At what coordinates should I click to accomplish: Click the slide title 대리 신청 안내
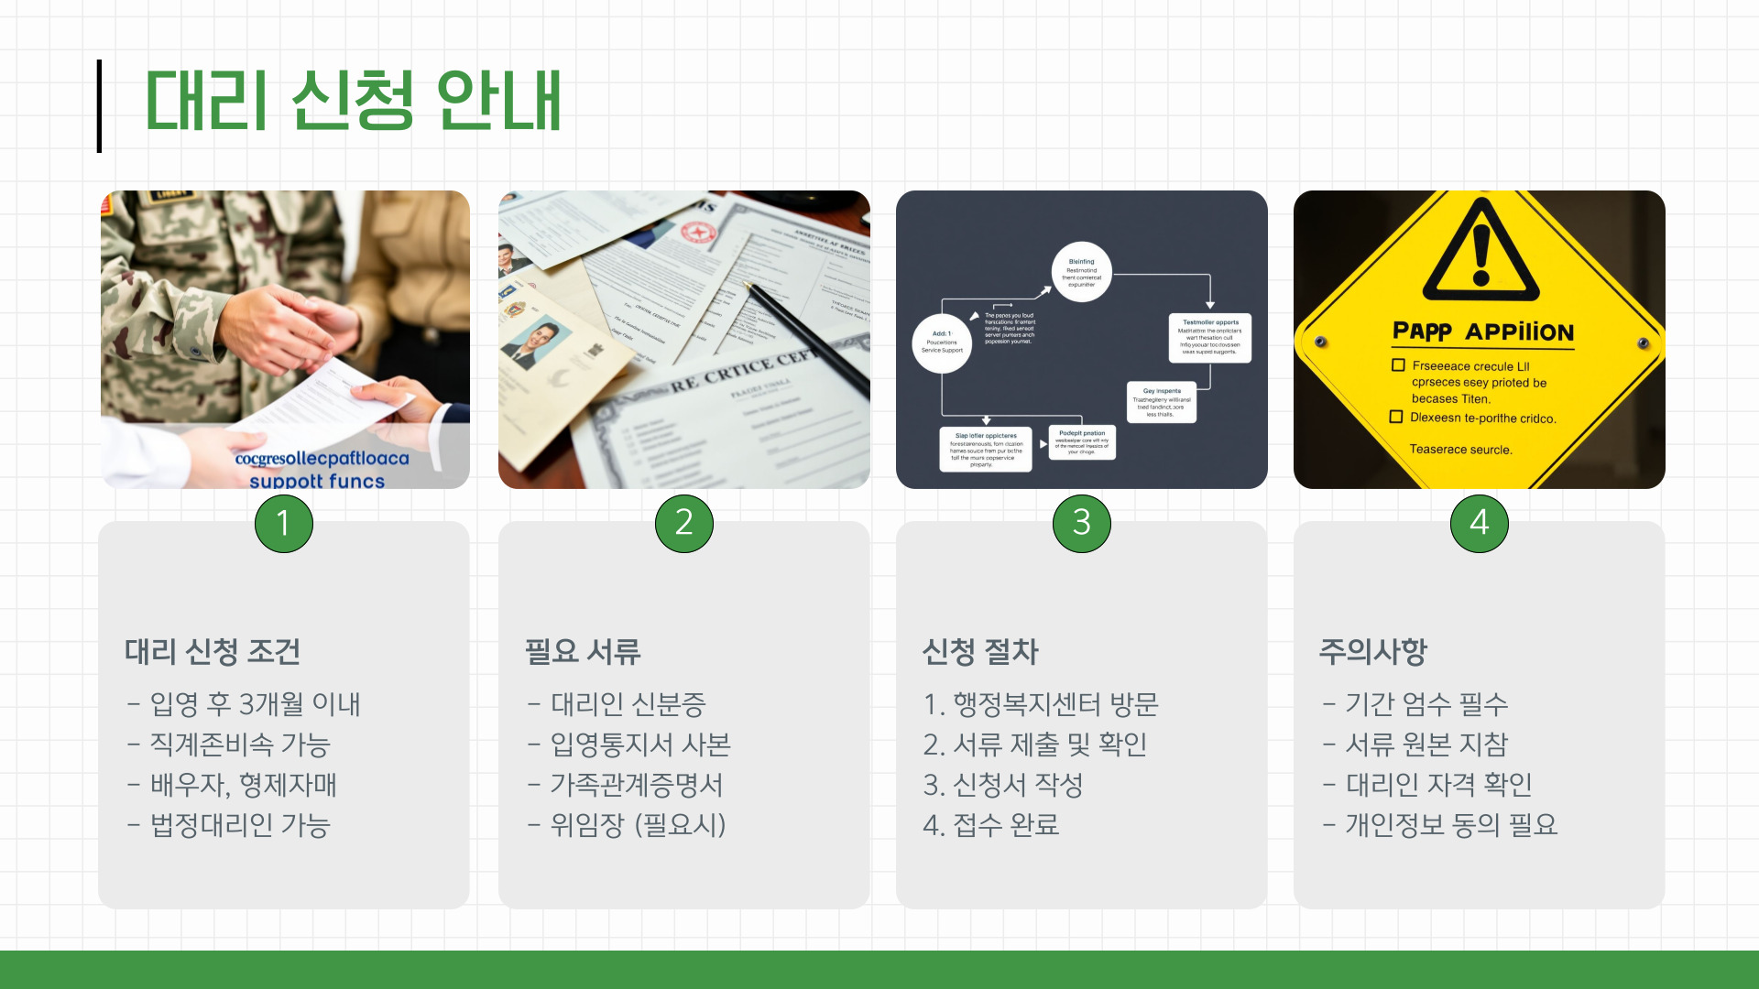[353, 101]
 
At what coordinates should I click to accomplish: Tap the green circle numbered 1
[284, 523]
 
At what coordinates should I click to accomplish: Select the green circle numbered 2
[683, 523]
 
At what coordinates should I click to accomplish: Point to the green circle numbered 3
[1081, 523]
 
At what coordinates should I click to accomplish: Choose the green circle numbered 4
[1479, 523]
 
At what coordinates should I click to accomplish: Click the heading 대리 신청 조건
[213, 652]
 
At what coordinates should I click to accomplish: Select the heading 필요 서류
[583, 652]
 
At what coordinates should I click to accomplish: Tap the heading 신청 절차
[980, 652]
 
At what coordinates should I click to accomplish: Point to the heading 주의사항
[1373, 652]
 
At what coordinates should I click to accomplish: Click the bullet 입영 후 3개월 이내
[255, 704]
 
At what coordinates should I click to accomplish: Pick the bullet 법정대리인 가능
[240, 825]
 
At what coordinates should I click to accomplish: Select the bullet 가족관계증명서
[637, 785]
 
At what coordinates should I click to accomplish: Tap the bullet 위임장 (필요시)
[638, 825]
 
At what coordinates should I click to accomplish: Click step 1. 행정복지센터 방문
[1041, 704]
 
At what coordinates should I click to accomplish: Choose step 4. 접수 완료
[991, 825]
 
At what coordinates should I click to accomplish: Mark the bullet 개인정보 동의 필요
[1451, 825]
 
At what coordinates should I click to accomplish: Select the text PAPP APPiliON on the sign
[1482, 331]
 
